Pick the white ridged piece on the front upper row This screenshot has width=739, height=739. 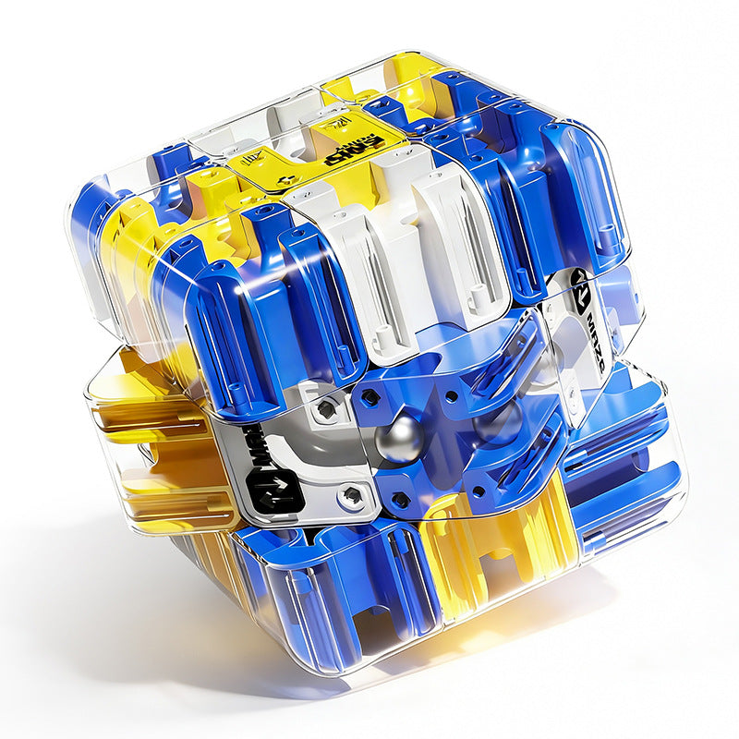click(x=406, y=268)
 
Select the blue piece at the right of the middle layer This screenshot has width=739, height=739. click(x=628, y=443)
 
